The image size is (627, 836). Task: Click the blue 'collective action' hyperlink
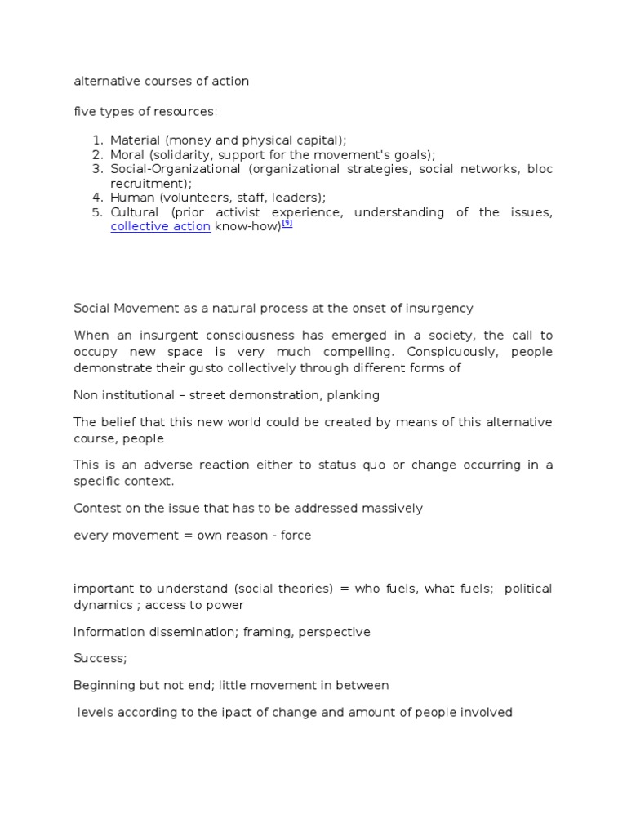tap(160, 227)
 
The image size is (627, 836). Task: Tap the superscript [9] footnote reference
tap(287, 224)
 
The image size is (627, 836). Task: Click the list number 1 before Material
tap(96, 140)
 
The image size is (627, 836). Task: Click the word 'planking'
tap(352, 395)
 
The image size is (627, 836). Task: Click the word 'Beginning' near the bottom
tap(104, 686)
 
